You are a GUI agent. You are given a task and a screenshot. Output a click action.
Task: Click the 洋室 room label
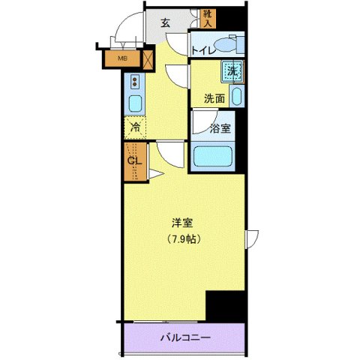click(x=183, y=223)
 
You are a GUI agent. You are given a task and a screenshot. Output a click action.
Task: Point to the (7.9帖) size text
click(x=183, y=239)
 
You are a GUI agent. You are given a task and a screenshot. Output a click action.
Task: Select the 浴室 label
click(x=220, y=128)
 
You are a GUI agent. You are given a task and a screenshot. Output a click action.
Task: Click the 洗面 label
click(x=215, y=98)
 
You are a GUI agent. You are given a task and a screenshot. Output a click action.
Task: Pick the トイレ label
click(x=203, y=50)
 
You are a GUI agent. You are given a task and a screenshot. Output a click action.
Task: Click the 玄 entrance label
click(x=165, y=22)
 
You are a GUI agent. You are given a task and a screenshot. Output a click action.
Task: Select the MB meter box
click(x=120, y=58)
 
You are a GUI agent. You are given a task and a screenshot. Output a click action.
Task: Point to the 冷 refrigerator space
click(x=136, y=128)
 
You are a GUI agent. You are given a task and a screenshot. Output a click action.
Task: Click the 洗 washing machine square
click(x=232, y=71)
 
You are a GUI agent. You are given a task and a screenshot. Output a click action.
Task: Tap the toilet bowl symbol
click(x=227, y=44)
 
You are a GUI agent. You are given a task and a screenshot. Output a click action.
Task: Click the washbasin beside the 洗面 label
click(x=237, y=97)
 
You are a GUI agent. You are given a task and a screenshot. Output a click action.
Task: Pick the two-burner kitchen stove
click(x=136, y=82)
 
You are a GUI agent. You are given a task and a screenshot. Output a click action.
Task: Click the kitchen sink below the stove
click(x=136, y=103)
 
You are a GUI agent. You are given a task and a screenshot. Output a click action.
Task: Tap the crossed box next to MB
click(x=148, y=58)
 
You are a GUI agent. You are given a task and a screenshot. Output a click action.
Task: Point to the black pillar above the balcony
click(x=226, y=306)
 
